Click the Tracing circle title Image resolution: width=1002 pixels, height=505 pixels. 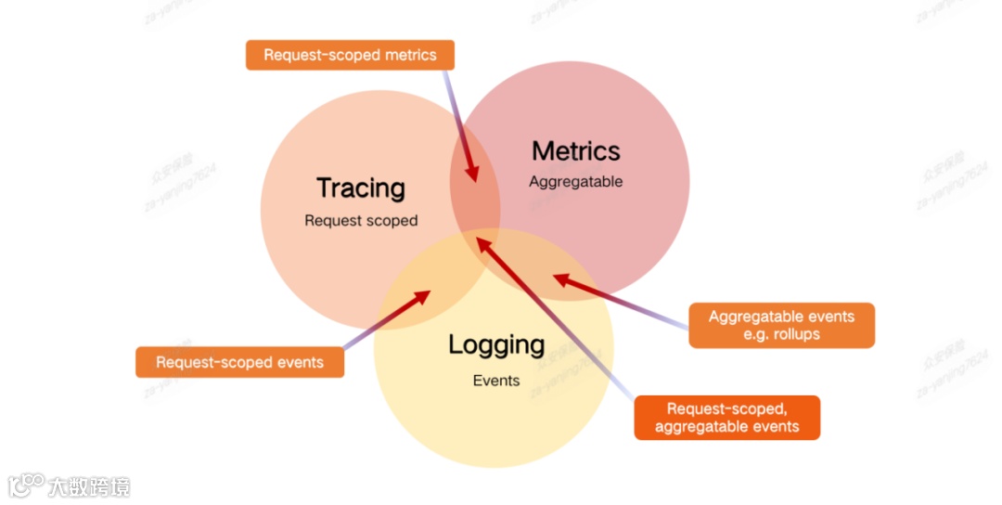tap(361, 188)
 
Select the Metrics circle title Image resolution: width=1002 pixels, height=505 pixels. tap(575, 151)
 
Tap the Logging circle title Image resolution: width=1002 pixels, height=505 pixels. tap(496, 345)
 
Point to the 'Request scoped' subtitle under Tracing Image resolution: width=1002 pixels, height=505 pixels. tap(361, 221)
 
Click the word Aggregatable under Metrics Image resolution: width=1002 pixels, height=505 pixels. tap(575, 182)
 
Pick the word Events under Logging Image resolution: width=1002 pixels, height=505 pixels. tap(496, 381)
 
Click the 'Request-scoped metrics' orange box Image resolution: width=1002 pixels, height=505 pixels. tap(350, 55)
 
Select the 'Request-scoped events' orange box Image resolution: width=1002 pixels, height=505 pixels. tap(239, 362)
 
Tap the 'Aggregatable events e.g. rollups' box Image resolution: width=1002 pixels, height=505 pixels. tap(781, 325)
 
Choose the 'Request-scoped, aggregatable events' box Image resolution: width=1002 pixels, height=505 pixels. tap(726, 418)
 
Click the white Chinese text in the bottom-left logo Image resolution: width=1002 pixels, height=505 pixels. tap(89, 486)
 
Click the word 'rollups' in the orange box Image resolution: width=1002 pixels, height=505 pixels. tap(794, 334)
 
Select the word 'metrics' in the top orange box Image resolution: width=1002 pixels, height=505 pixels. tap(405, 55)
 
